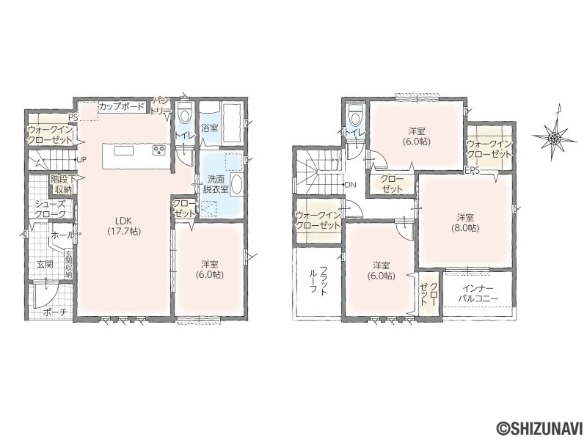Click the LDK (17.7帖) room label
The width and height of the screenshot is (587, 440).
(x=124, y=226)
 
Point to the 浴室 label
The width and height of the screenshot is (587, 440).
(x=210, y=128)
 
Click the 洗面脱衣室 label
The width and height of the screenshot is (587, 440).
(x=216, y=184)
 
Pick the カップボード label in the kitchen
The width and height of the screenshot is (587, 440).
(x=121, y=106)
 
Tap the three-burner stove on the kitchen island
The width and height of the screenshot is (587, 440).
(x=159, y=150)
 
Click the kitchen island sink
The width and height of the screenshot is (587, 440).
(x=123, y=150)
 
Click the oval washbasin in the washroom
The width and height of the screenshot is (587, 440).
(x=236, y=185)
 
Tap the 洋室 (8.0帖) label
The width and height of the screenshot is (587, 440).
(x=465, y=222)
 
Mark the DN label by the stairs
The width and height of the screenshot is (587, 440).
(x=349, y=185)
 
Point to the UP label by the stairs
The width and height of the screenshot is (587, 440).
(x=81, y=159)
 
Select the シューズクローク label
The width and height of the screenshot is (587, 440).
(x=51, y=209)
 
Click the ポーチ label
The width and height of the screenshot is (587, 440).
(x=52, y=312)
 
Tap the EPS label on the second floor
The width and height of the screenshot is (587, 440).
(x=472, y=171)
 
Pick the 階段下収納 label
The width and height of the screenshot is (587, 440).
(x=62, y=185)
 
